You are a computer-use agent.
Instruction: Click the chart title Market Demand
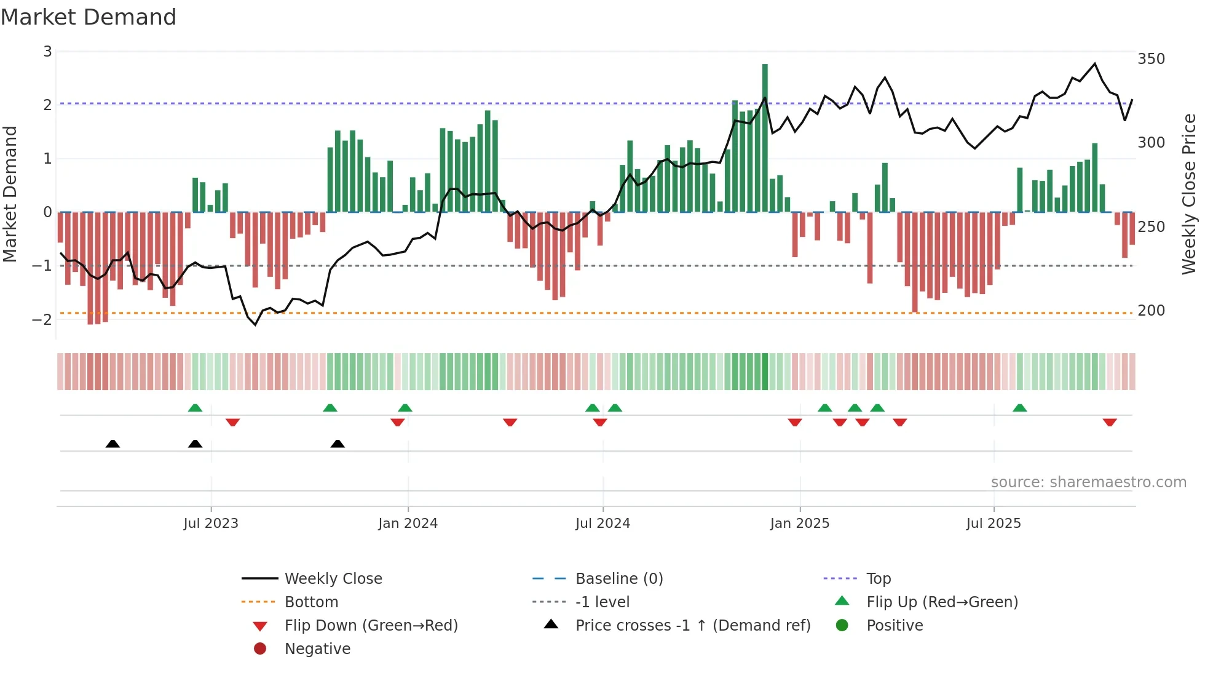click(89, 17)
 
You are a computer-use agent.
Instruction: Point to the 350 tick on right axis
click(1151, 59)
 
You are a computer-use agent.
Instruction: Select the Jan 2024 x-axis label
click(408, 524)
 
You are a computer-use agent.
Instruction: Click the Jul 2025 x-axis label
click(993, 524)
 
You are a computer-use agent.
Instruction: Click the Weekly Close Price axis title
click(1189, 194)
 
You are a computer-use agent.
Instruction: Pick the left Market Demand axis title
click(10, 194)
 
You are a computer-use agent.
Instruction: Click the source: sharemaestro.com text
click(1088, 482)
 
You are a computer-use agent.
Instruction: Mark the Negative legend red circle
click(260, 649)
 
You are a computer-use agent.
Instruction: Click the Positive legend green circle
click(842, 626)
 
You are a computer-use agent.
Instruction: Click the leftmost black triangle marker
click(113, 444)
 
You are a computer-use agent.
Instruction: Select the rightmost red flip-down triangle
click(1109, 422)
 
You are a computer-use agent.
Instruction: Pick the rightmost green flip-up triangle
click(1019, 408)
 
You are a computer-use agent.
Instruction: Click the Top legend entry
click(878, 579)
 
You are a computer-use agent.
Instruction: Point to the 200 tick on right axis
click(1151, 311)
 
